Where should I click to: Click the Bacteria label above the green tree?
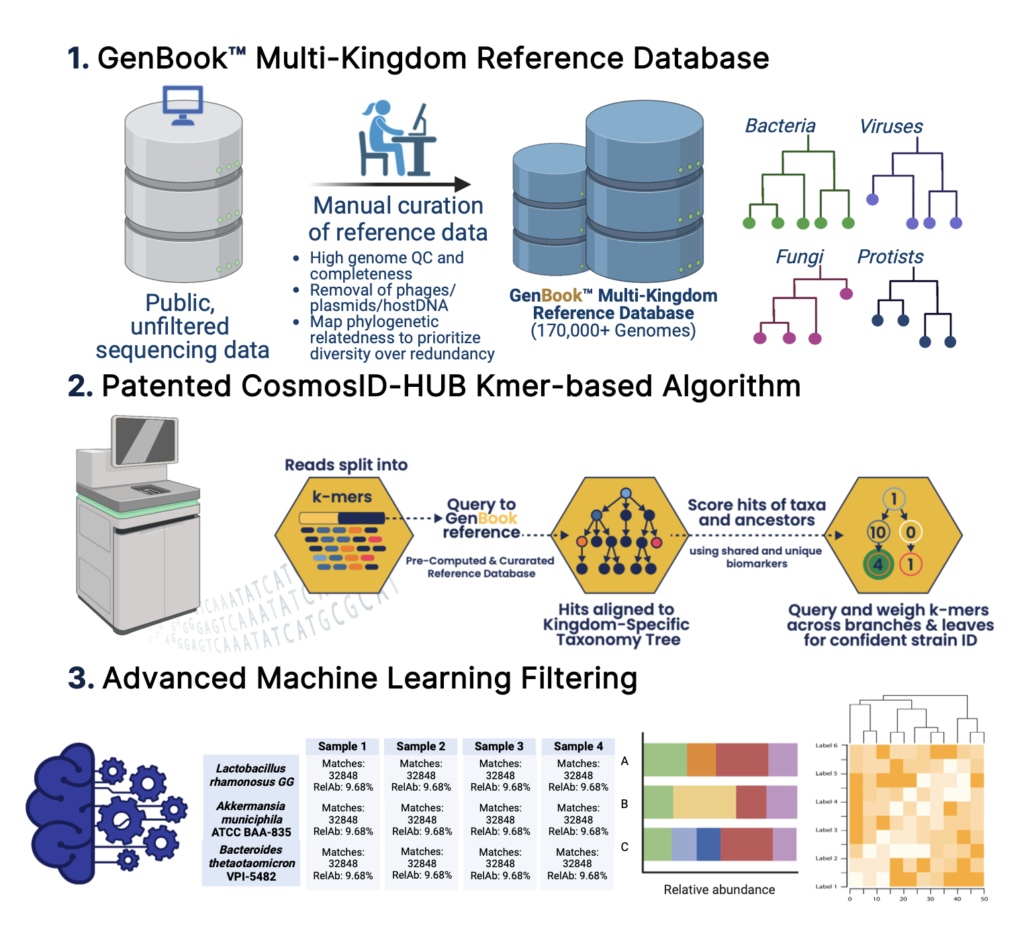(780, 126)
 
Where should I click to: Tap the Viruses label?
(891, 126)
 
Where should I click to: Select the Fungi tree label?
(799, 257)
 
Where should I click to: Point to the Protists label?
(890, 257)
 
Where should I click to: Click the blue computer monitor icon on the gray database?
(183, 105)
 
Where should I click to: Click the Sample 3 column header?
(499, 746)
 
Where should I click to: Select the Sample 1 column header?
(342, 746)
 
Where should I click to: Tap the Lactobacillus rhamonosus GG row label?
(252, 775)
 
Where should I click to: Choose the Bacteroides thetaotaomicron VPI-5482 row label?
(252, 863)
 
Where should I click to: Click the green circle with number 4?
(878, 564)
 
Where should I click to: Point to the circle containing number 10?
(878, 533)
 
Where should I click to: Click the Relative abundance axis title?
(719, 890)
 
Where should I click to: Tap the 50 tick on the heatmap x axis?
(984, 899)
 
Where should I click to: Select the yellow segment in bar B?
(704, 802)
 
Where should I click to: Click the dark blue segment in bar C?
(708, 844)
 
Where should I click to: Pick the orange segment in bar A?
(701, 760)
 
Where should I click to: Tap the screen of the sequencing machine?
(146, 441)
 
